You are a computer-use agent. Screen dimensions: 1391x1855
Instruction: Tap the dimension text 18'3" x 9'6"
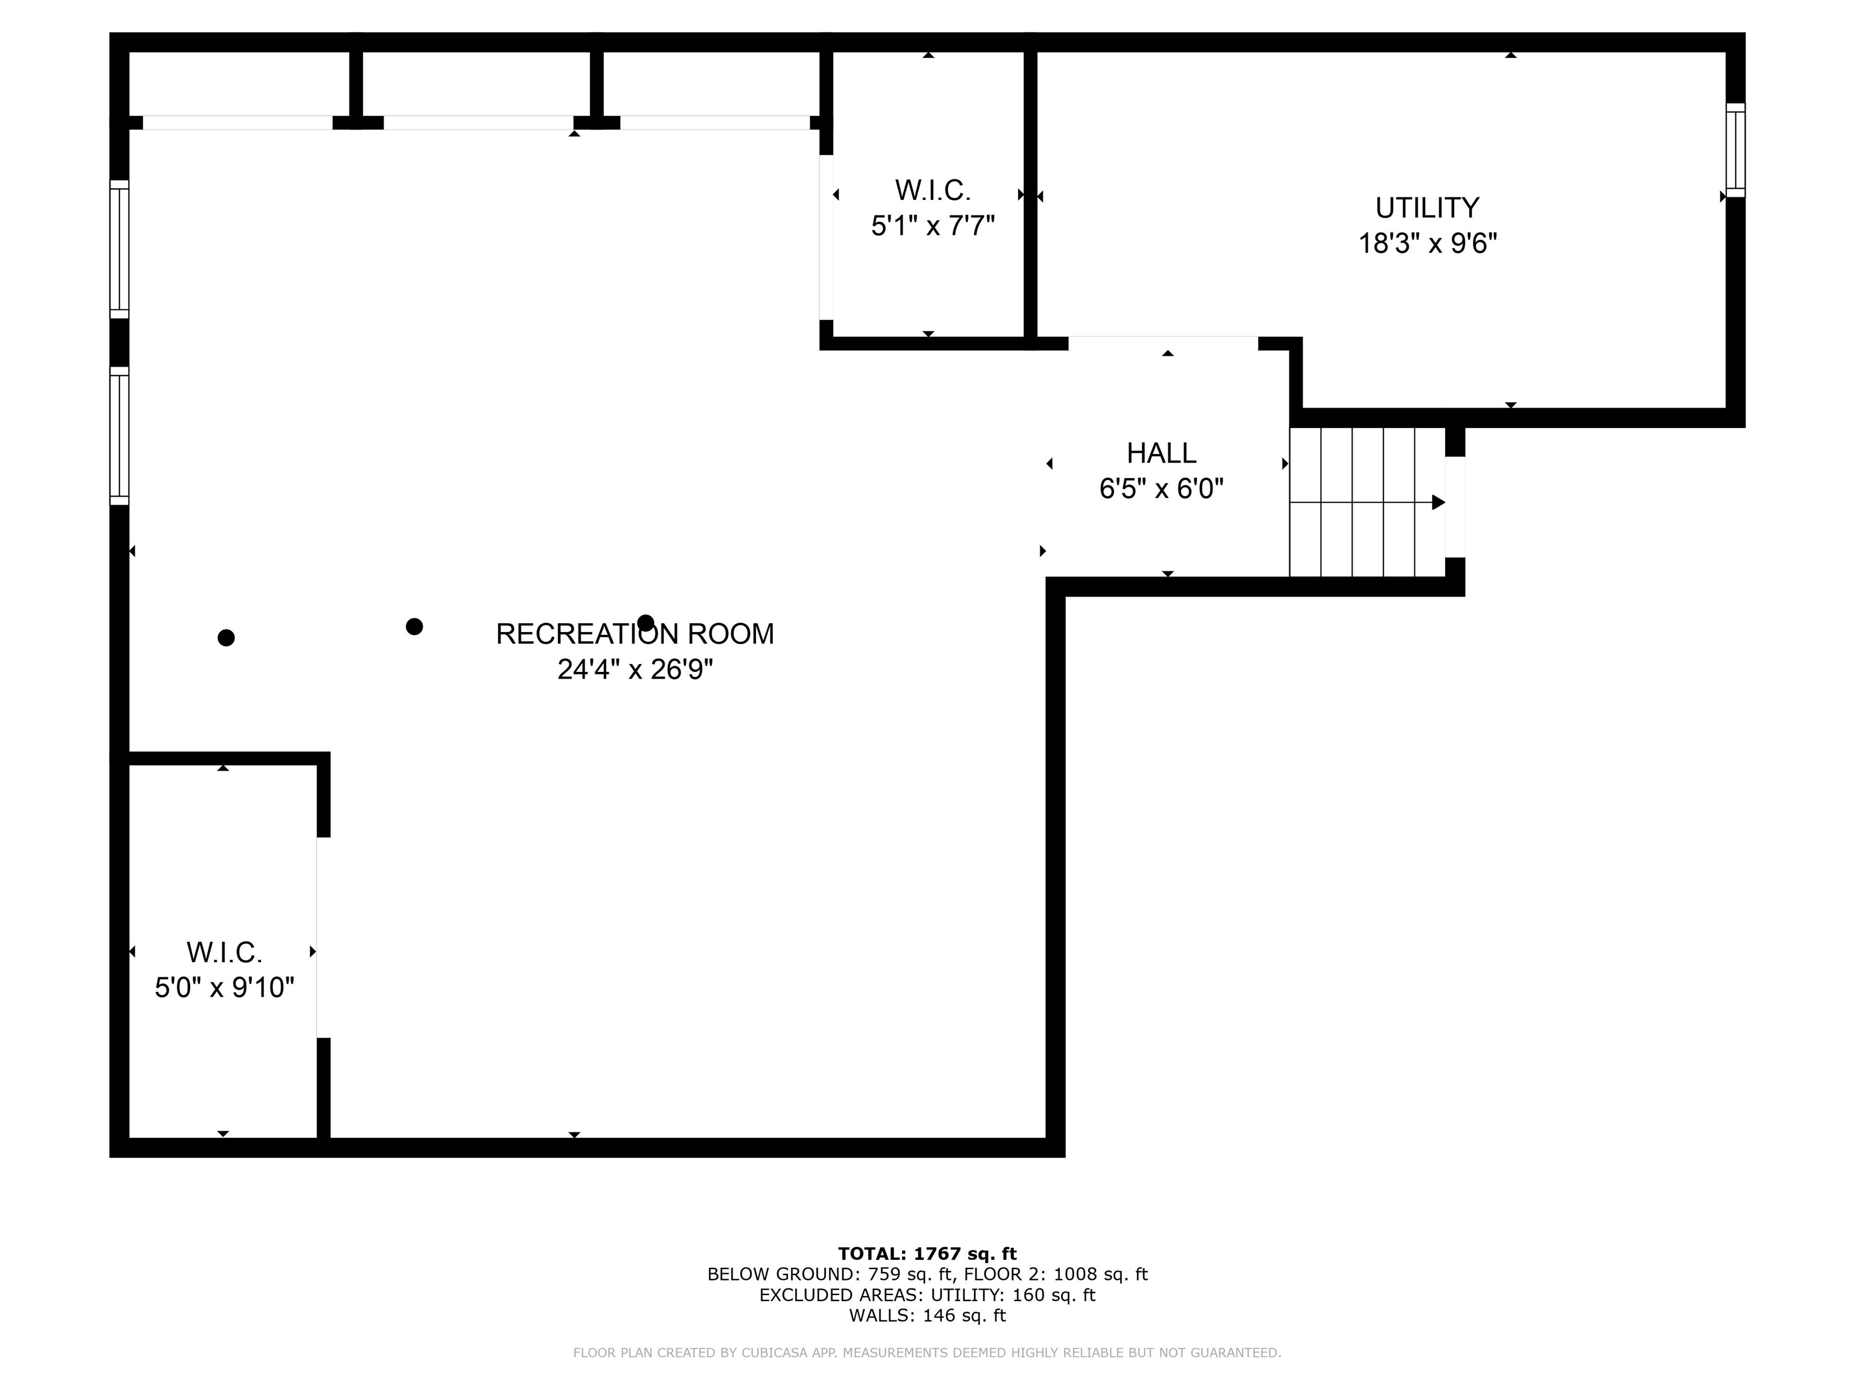pos(1427,243)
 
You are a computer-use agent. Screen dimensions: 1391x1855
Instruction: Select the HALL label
pos(1161,453)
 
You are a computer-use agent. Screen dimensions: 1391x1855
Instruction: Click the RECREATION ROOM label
pos(635,634)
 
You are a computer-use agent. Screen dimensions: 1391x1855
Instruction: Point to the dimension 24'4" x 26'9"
pos(635,669)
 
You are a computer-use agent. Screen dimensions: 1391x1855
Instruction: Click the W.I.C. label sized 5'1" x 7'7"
pos(932,190)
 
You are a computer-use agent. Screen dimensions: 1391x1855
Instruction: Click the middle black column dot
pos(414,626)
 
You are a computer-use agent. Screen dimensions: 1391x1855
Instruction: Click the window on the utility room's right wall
pos(1735,150)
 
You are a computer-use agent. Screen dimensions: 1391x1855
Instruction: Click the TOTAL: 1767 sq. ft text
pos(927,1253)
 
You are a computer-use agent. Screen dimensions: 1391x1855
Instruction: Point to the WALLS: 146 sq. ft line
pos(927,1316)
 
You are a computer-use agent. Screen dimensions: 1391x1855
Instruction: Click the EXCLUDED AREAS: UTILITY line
pos(927,1294)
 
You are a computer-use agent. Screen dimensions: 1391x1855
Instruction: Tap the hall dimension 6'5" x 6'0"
pos(1161,488)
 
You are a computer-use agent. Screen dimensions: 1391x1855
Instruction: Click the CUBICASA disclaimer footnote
pos(927,1352)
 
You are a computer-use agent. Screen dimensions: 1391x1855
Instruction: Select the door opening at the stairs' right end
pos(1455,507)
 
